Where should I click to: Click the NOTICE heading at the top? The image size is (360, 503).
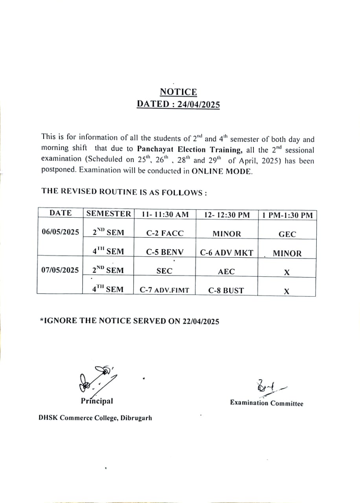coord(178,92)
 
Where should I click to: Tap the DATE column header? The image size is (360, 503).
coord(61,213)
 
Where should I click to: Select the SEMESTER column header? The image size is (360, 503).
coord(108,214)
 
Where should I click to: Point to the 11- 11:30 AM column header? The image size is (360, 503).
coord(165,215)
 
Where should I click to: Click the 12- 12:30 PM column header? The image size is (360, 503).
coord(227,215)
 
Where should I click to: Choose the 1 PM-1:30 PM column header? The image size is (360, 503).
coord(287,215)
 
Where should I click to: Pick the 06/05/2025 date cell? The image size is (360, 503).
coord(61,231)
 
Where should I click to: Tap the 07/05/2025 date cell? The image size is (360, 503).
coord(60,270)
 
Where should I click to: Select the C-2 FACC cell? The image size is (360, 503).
coord(165,233)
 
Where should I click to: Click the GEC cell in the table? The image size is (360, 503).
coord(287,234)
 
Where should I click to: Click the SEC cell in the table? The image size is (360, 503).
coord(164,271)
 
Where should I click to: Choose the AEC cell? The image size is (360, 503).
coord(226,272)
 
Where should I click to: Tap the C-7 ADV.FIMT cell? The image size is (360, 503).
coord(164,290)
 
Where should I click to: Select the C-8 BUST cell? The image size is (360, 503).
coord(226,291)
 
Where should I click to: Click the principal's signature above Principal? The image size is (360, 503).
coord(96,379)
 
